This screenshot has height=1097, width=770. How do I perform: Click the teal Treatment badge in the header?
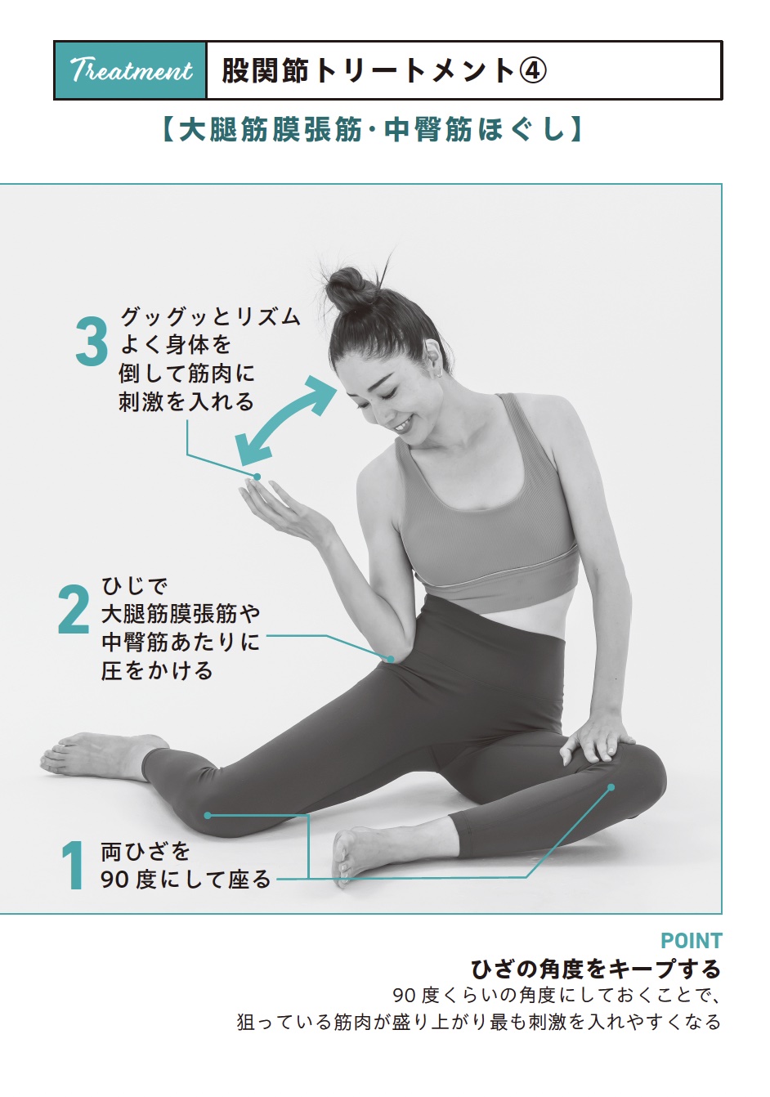[131, 71]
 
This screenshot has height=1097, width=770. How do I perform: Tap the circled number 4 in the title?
[532, 71]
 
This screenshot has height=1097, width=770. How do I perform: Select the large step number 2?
[74, 610]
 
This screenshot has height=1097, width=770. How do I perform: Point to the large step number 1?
[74, 866]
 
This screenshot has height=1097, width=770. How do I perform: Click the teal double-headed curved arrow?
[286, 422]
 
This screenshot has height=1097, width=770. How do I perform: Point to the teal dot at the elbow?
[391, 658]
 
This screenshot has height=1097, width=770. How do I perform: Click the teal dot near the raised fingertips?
[257, 477]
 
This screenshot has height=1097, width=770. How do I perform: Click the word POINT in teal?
[691, 941]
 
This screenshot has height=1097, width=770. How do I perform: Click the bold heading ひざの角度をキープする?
[596, 969]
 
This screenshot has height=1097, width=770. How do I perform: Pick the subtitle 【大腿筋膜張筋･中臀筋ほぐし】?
[371, 129]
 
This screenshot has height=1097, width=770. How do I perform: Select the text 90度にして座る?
[186, 880]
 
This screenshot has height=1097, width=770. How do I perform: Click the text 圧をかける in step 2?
[157, 671]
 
